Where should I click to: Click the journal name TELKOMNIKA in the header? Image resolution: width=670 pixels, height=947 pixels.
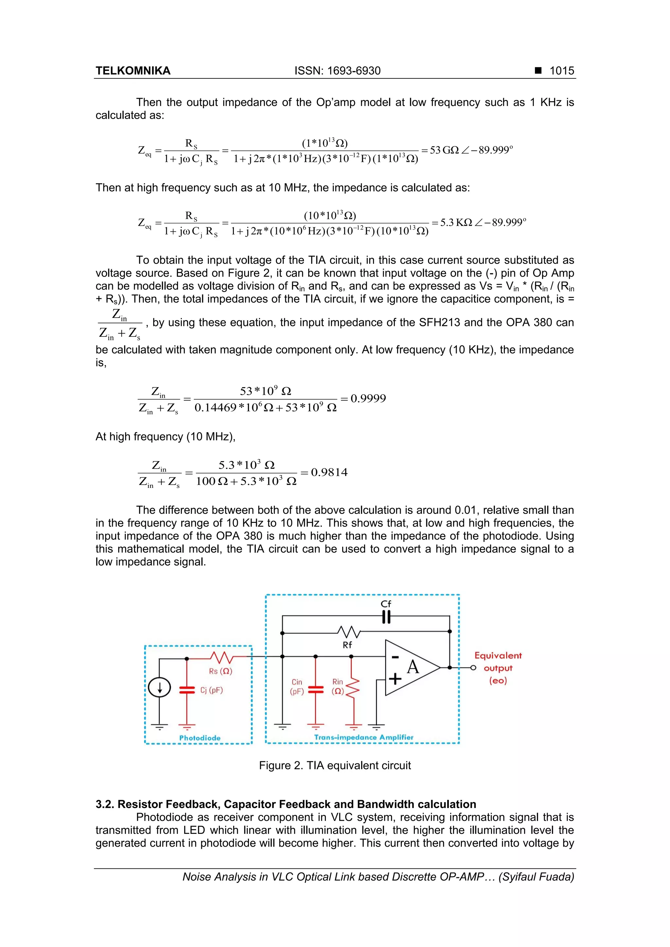tap(133, 71)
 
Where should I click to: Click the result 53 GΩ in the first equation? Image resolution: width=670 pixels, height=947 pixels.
tap(444, 150)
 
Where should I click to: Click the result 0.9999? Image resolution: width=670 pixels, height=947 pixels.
tap(368, 398)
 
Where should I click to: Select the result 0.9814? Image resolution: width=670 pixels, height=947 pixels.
tap(329, 472)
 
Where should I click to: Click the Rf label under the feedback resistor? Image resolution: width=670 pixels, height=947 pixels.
tap(347, 645)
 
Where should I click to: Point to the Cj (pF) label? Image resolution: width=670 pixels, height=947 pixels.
tap(212, 690)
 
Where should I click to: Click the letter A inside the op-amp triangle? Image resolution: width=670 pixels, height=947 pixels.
tap(413, 667)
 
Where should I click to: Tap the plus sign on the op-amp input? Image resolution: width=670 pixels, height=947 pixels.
tap(395, 679)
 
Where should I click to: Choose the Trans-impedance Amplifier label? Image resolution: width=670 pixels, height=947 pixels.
tap(363, 737)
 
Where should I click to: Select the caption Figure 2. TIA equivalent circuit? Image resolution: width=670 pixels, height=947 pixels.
tap(335, 766)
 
